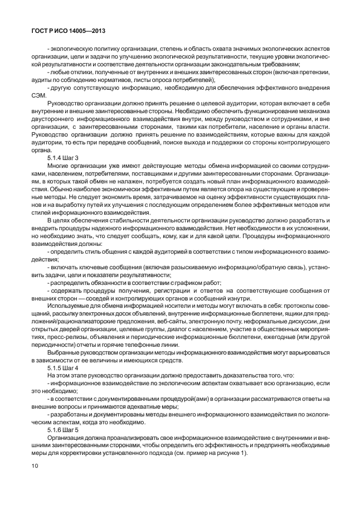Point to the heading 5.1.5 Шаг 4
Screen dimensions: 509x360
click(63, 369)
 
